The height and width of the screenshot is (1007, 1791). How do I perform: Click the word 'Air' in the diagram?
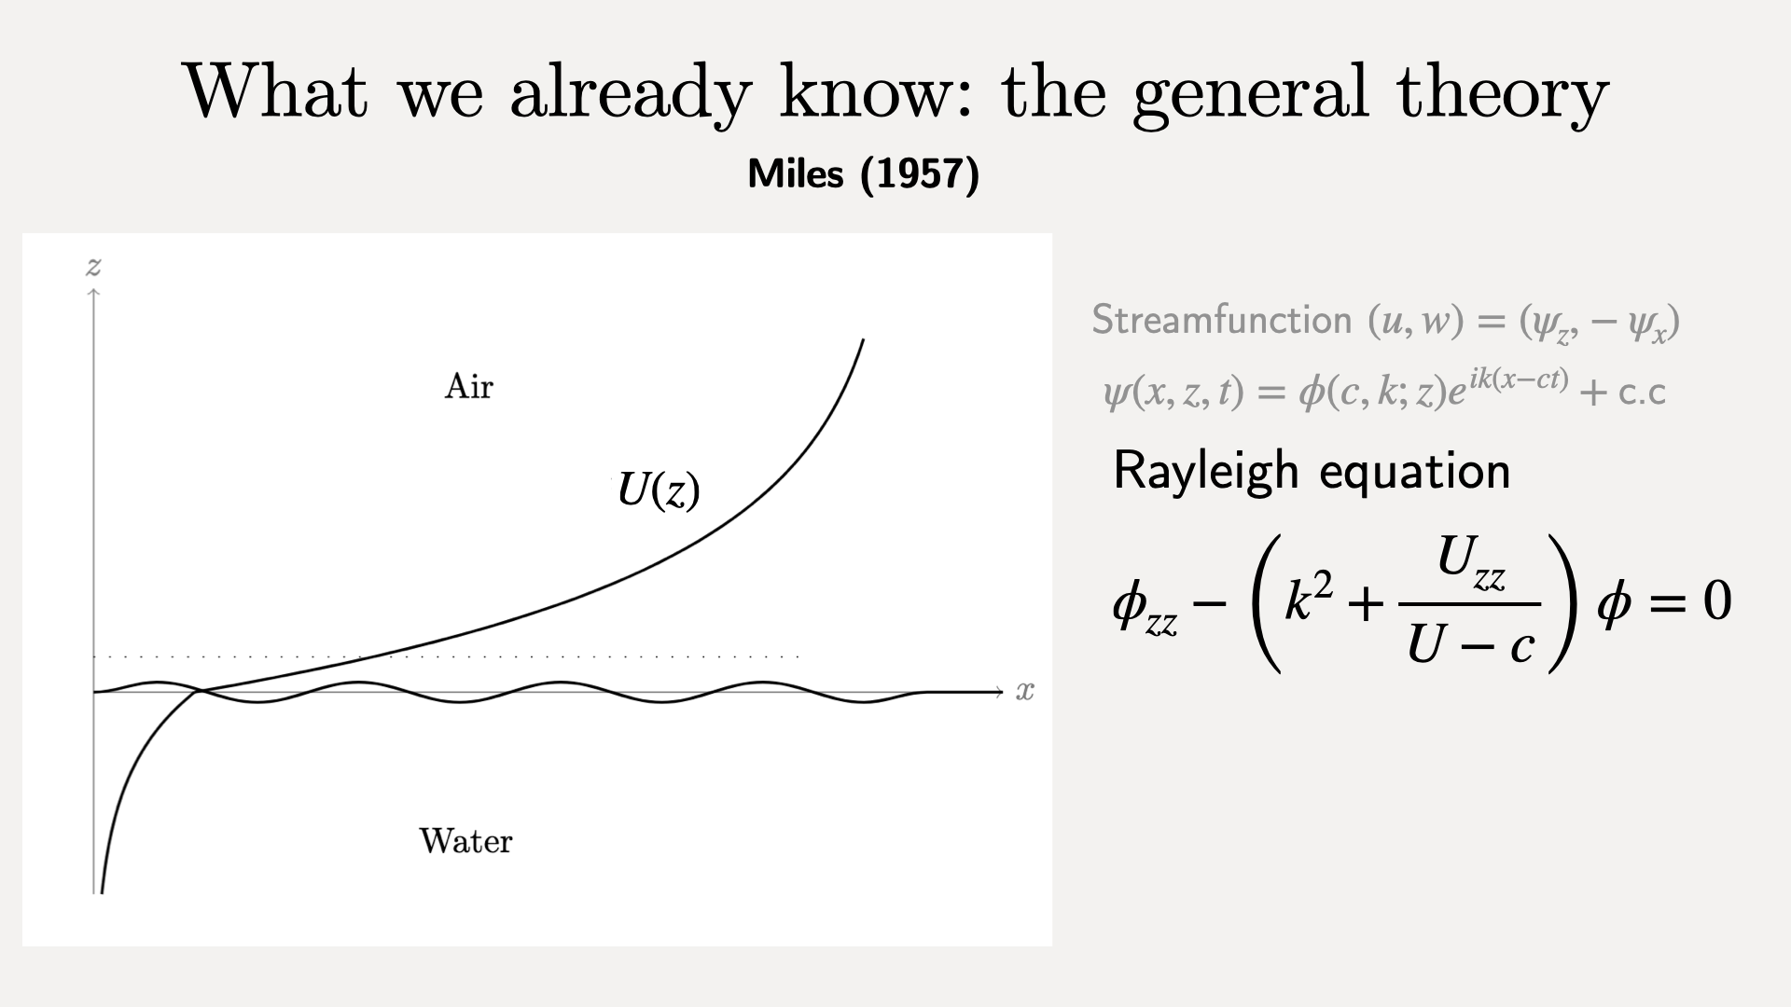coord(468,386)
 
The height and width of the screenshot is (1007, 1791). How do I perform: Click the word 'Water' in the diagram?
coord(465,841)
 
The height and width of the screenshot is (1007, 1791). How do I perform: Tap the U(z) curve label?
coord(659,490)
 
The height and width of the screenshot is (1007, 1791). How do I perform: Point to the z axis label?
coord(93,268)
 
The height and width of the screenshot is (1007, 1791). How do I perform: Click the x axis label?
coord(1025,691)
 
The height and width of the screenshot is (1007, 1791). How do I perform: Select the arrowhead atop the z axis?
coord(93,293)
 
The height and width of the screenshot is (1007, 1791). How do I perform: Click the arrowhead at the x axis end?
coord(999,692)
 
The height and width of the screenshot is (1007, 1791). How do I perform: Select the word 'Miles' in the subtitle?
coord(796,173)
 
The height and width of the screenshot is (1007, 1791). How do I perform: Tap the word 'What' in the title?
coord(277,90)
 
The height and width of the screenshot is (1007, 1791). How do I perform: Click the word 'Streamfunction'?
coord(1222,320)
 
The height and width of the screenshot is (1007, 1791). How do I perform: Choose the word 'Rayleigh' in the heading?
coord(1206,471)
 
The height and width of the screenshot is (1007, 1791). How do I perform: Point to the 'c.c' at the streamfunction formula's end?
coord(1642,393)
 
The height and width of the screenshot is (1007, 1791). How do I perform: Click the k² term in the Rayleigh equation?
coord(1310,597)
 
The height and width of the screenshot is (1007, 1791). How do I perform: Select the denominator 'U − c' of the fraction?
coord(1470,642)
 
